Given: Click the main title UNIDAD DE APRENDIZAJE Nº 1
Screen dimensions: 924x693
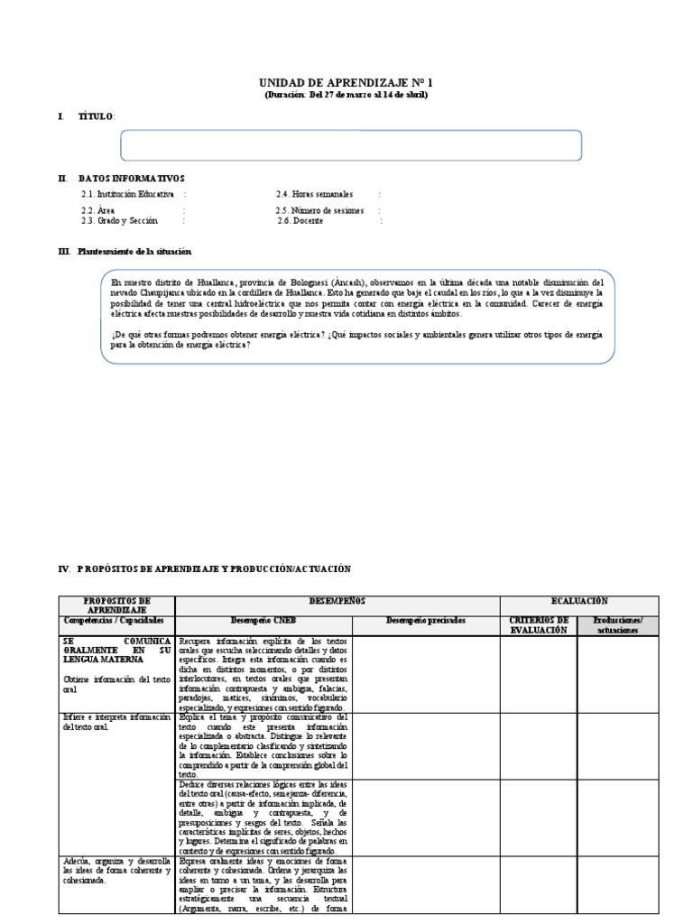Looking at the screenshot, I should coord(346,81).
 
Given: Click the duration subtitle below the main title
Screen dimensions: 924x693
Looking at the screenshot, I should coord(346,95).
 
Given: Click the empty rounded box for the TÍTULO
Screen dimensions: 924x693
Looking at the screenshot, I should coord(351,145).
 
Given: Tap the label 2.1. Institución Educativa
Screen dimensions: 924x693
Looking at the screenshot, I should coord(127,194).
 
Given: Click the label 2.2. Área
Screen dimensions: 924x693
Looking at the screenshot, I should coord(97,210).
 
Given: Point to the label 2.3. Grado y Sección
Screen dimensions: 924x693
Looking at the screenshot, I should coord(119,220).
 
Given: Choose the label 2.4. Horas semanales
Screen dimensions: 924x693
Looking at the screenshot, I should coord(314,194).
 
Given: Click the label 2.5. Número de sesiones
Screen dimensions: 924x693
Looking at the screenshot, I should coord(320,210).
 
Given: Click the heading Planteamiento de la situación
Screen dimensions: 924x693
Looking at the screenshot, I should coord(134,251).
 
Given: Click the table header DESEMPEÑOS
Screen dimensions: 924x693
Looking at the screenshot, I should coord(337,600).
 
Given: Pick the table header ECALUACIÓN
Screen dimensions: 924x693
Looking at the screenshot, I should coord(579,600).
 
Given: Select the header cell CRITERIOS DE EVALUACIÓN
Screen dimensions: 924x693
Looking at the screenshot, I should coord(539,625).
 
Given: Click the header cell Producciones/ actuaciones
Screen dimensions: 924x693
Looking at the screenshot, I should coord(618,625).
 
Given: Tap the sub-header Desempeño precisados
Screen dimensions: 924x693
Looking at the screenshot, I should coord(425,621).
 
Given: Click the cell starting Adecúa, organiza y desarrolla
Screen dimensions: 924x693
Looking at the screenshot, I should coord(116,870).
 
